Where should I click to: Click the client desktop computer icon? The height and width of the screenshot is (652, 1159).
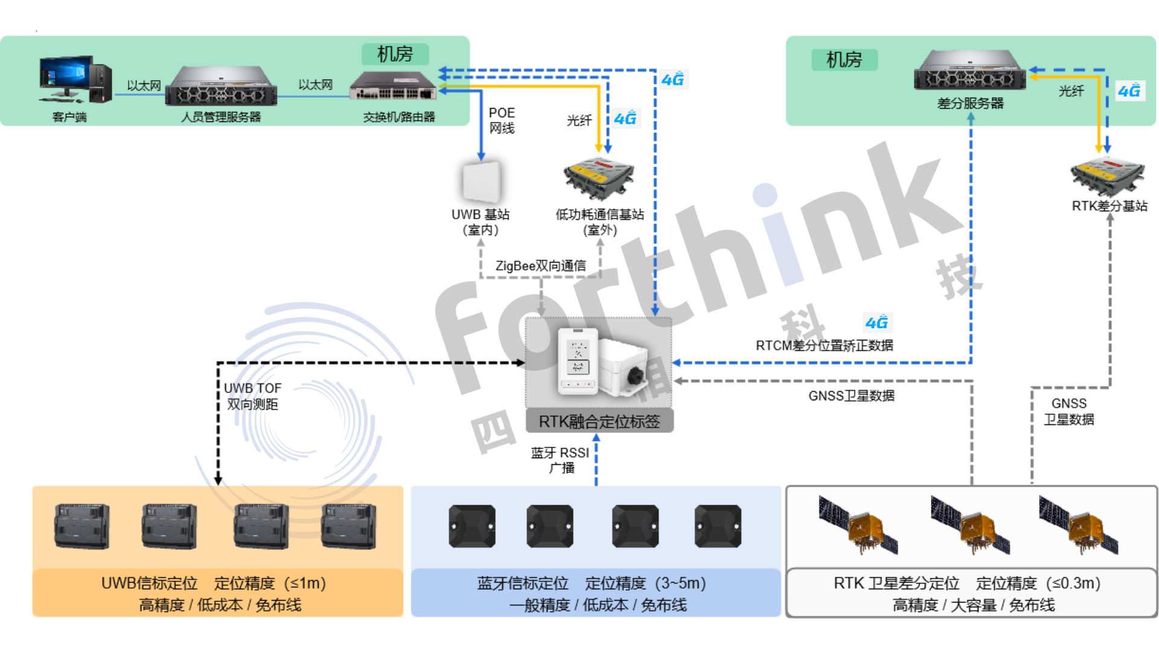click(74, 80)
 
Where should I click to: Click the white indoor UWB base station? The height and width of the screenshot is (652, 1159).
click(481, 181)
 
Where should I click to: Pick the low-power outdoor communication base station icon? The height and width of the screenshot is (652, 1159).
click(599, 177)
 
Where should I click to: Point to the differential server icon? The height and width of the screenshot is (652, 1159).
click(969, 71)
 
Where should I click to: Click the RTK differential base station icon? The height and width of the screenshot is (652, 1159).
click(1108, 174)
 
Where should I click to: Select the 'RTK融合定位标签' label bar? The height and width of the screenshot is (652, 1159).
click(599, 421)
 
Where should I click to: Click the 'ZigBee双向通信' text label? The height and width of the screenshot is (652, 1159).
click(540, 266)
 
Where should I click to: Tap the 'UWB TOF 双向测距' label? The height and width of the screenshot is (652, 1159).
click(252, 396)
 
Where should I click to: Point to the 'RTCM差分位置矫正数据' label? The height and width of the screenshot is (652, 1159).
click(824, 346)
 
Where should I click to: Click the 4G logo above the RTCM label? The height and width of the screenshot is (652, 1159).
click(876, 322)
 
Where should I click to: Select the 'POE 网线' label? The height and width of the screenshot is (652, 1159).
click(502, 120)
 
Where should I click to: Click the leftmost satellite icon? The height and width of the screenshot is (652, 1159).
click(858, 524)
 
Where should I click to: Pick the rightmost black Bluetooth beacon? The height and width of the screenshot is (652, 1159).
click(717, 526)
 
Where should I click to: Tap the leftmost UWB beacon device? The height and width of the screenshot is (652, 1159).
click(82, 526)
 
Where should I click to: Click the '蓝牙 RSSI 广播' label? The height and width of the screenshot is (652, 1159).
click(560, 460)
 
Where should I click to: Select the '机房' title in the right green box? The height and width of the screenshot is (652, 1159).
click(844, 60)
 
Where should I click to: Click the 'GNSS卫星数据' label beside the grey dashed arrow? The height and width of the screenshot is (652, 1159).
click(851, 396)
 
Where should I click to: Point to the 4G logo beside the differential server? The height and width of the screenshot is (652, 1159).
click(1129, 91)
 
